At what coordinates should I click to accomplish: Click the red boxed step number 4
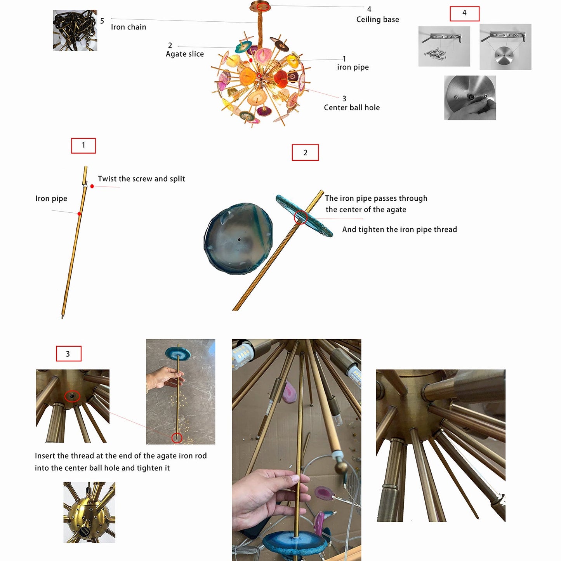464,14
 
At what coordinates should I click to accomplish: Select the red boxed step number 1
83,146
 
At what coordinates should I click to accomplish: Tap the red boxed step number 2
305,153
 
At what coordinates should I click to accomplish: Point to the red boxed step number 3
68,354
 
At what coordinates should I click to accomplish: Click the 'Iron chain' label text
129,27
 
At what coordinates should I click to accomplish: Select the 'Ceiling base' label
377,19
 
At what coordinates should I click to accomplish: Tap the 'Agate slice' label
185,54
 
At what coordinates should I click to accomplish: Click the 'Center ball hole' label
352,108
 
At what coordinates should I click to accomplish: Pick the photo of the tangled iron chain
75,30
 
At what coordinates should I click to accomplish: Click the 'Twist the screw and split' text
141,179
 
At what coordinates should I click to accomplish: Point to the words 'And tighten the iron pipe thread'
399,229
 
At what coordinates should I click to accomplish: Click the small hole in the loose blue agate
240,240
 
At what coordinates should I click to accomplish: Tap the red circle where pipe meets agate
300,217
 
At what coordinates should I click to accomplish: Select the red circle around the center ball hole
72,396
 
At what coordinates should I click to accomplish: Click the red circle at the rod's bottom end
177,438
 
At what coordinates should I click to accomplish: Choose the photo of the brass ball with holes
89,512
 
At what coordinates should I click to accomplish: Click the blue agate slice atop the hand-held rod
178,353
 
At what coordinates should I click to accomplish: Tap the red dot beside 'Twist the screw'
92,186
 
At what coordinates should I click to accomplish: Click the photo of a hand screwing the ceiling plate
470,97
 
